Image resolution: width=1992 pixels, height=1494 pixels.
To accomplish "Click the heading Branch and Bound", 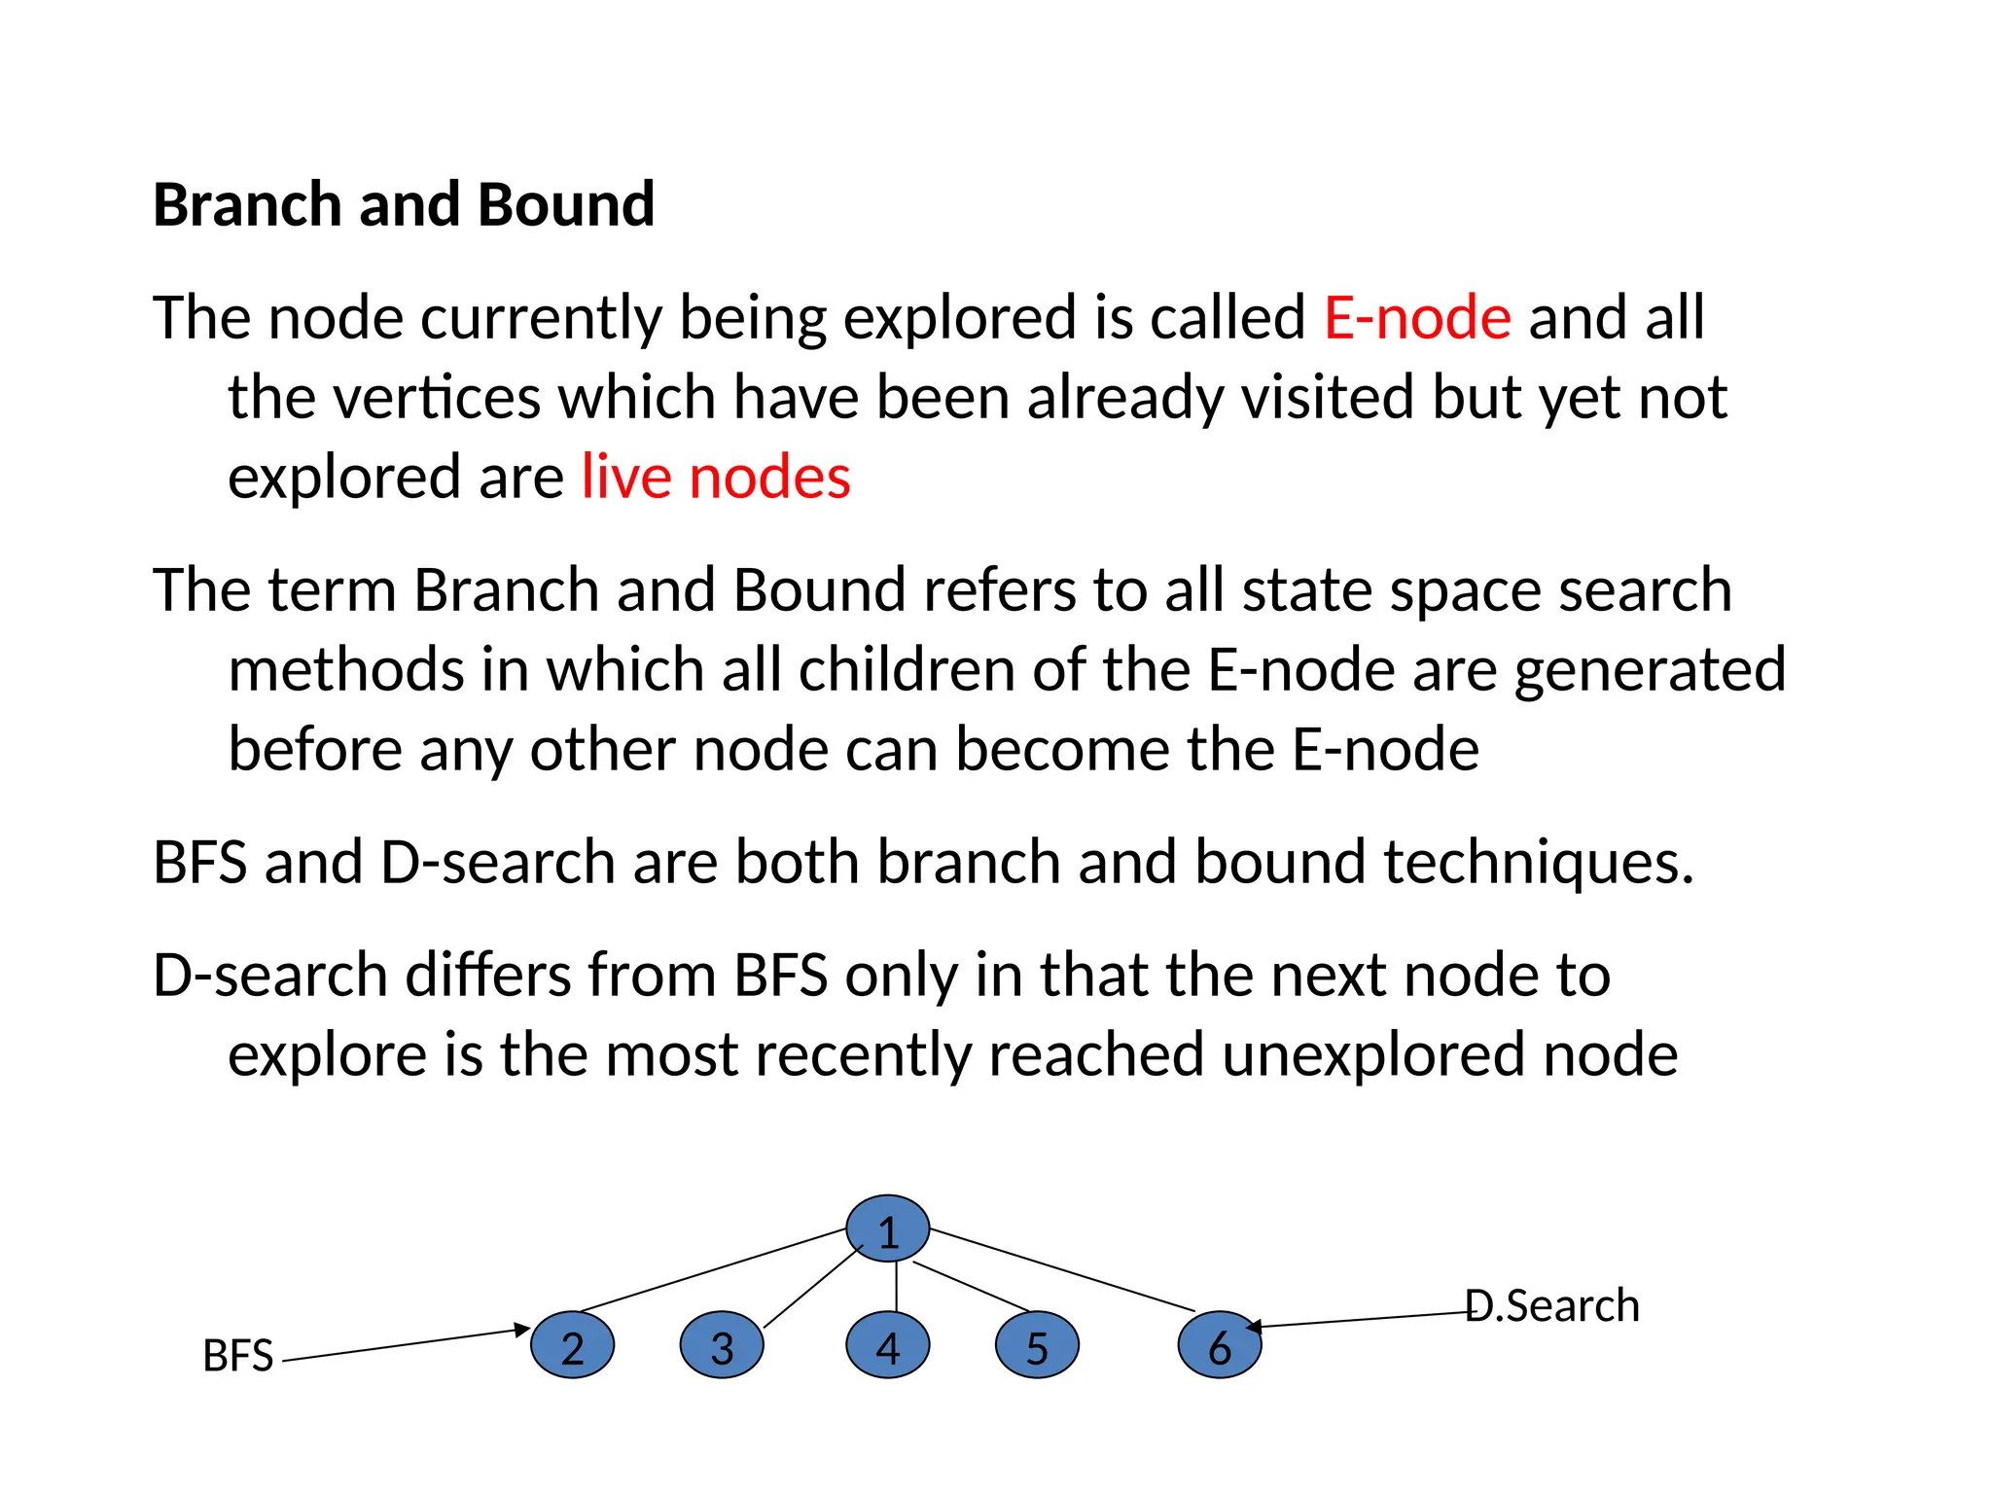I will click(404, 205).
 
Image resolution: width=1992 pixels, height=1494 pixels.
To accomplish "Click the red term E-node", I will click(1417, 318).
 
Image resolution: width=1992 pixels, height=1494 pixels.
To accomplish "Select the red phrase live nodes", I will click(716, 478).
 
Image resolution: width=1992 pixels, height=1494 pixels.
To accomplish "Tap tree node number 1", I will click(887, 1229).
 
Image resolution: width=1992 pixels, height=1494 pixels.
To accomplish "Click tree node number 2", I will click(572, 1346).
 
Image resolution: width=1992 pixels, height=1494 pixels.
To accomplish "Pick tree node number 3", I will click(722, 1346).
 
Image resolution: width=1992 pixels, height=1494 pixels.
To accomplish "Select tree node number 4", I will click(887, 1346).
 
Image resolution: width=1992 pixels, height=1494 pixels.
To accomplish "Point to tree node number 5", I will click(1037, 1346).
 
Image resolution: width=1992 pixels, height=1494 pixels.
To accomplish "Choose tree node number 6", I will click(1220, 1346).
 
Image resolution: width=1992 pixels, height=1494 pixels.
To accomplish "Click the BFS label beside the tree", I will click(238, 1356).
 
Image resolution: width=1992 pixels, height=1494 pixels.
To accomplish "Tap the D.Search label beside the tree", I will click(1552, 1306).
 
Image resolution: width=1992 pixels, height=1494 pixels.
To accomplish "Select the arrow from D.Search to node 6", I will click(1362, 1320).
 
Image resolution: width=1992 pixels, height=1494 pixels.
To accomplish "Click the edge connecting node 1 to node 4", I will click(896, 1286).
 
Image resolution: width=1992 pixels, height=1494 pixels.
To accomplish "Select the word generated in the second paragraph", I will click(1650, 670).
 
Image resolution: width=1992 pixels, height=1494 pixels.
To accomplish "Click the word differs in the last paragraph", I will click(487, 976).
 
